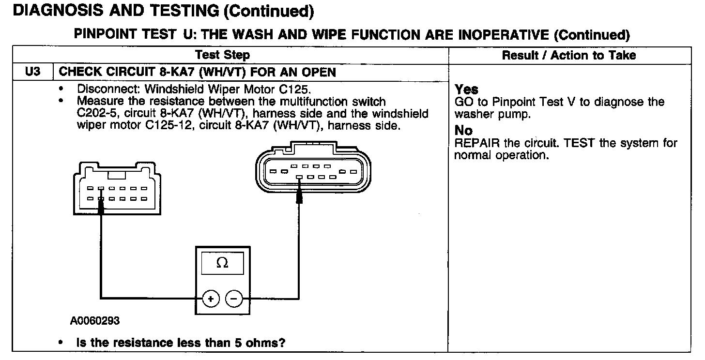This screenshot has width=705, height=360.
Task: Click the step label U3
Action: pos(32,72)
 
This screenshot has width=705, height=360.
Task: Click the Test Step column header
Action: pos(223,55)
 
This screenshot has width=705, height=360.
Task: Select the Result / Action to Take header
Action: pos(569,55)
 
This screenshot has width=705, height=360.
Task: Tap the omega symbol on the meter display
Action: pos(222,263)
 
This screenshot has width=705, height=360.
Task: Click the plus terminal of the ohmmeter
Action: pos(211,299)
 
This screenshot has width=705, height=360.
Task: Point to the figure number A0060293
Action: pos(95,321)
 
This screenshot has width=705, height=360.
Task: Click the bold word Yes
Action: pos(466,90)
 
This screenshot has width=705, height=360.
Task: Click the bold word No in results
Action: pos(463,131)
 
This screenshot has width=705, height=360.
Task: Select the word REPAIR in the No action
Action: pos(475,143)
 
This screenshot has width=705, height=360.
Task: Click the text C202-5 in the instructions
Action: pos(96,114)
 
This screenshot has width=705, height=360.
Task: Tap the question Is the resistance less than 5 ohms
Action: pos(181,343)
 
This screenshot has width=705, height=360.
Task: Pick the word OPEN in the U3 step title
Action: pos(318,72)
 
